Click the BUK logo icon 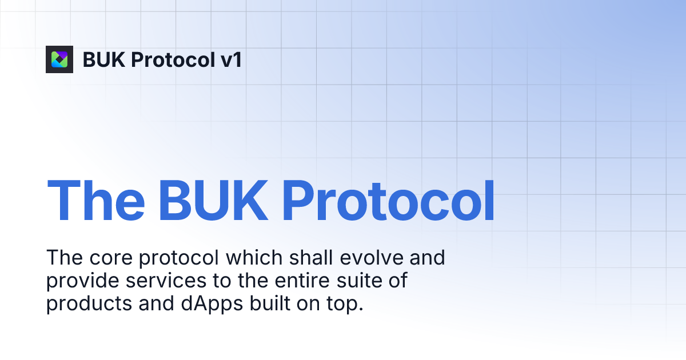coord(59,59)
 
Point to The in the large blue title coord(95,201)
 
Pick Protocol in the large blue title coord(389,201)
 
